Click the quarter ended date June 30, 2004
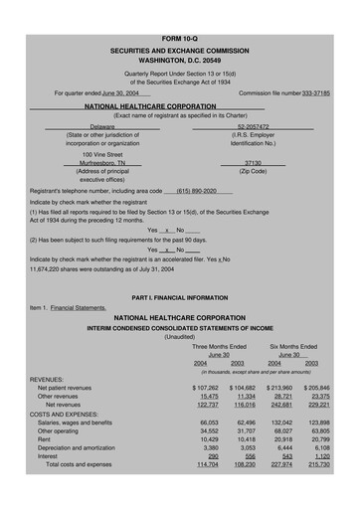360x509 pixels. [119, 91]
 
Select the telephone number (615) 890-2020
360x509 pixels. [197, 190]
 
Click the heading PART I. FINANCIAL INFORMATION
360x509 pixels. [180, 298]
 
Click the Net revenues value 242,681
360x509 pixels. [275, 405]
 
